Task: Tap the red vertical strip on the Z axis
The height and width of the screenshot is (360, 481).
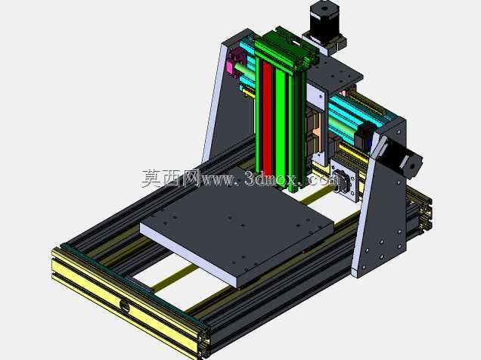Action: [x=268, y=120]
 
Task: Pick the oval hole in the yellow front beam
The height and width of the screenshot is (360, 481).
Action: [x=124, y=306]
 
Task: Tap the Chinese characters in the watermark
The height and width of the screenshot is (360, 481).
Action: [x=170, y=178]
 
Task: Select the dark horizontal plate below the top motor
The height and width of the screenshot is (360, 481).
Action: [x=335, y=73]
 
